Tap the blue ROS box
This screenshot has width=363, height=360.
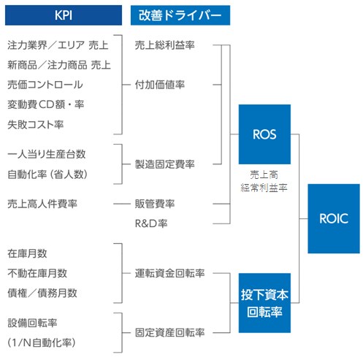tap(264, 134)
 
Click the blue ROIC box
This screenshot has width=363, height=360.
tap(333, 218)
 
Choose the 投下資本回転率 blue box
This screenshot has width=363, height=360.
tap(264, 302)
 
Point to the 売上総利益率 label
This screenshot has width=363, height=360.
tap(165, 45)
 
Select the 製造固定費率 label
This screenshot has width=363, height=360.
tap(165, 164)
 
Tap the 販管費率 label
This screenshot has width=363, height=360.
tap(155, 203)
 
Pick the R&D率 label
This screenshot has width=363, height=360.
tap(151, 223)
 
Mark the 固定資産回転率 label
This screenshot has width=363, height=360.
tap(169, 332)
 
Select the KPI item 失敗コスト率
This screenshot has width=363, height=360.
tap(35, 124)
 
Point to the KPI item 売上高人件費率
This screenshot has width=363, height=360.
tap(42, 203)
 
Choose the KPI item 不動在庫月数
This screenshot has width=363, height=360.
tap(37, 273)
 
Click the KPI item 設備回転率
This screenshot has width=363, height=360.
tap(33, 323)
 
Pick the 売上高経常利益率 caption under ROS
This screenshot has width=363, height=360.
tap(264, 181)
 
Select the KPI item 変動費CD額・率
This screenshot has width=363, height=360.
tap(45, 104)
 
